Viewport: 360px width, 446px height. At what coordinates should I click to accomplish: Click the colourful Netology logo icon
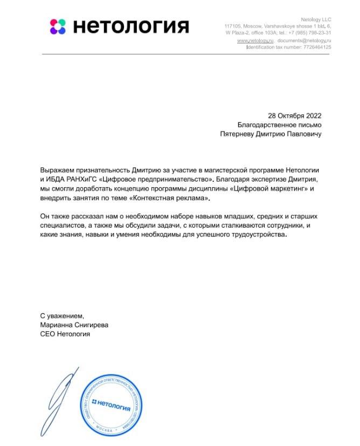(x=58, y=26)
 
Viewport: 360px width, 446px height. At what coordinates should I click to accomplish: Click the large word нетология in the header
(x=131, y=26)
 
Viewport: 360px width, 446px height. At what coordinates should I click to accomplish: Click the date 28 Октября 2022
(x=295, y=115)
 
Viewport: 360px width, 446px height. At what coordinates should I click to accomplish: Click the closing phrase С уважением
(x=62, y=315)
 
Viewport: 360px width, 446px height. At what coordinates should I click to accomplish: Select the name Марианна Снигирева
(x=74, y=325)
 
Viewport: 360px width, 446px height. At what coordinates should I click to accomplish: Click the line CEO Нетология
(x=65, y=334)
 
